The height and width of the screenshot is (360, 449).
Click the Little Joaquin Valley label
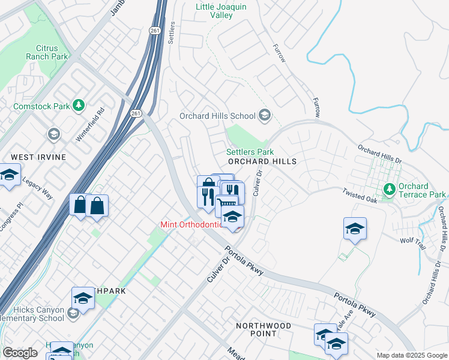(x=221, y=11)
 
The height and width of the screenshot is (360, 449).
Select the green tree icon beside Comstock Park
(x=78, y=106)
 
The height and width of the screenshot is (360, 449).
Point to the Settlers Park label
(x=250, y=152)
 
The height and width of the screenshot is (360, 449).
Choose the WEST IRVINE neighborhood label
(x=38, y=157)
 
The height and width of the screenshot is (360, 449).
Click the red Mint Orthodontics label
(x=194, y=225)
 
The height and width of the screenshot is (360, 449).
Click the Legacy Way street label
(x=37, y=190)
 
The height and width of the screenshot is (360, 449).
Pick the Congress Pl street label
(x=11, y=215)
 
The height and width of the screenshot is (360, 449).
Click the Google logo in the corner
(x=20, y=353)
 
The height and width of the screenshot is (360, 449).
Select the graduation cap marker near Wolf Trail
(x=355, y=229)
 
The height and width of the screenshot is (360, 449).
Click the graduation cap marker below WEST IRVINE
(x=10, y=176)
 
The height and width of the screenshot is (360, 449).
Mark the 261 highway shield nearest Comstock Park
(x=136, y=113)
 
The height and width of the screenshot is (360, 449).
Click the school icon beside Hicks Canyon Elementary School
(x=73, y=313)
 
